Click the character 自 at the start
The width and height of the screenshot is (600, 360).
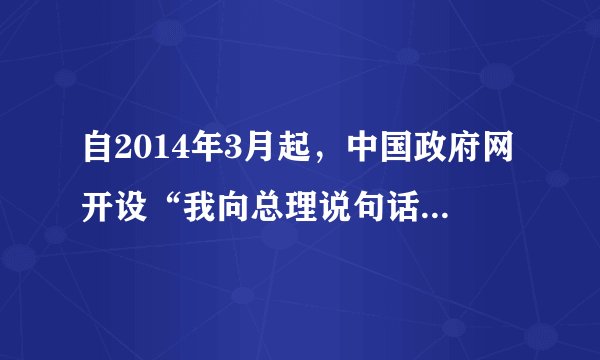101,153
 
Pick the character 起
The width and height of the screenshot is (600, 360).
297,153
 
